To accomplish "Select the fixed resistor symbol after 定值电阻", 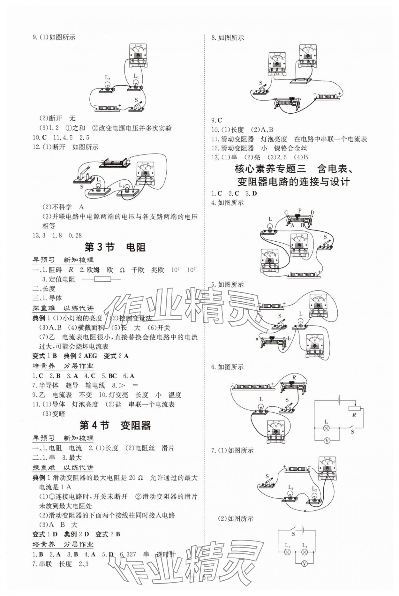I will pos(102,279).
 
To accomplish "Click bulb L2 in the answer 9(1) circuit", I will pos(108,86).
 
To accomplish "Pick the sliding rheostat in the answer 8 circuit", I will pos(287,104).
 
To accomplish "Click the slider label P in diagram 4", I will pos(299,211).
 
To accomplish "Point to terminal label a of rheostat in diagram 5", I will pos(257,339).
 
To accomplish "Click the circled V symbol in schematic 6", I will pos(327,441).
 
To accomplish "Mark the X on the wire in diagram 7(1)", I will pos(305,511).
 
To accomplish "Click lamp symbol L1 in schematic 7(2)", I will pos(287,552).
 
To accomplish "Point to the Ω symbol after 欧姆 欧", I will pos(122,270).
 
